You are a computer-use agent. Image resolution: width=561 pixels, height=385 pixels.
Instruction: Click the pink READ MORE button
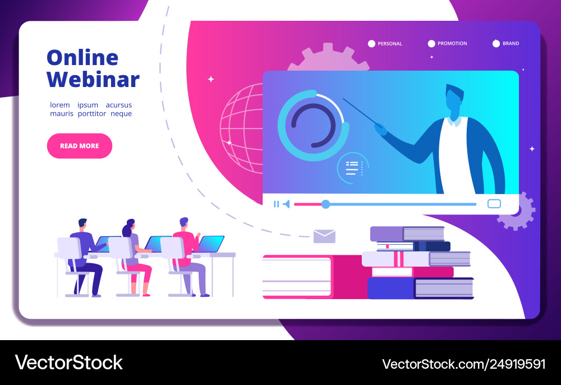(x=79, y=146)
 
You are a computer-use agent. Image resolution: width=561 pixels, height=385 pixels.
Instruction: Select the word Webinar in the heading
(x=93, y=79)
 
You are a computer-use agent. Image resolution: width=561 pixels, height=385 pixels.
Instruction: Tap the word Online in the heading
(x=82, y=57)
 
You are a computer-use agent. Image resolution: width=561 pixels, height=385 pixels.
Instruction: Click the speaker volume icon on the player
(x=286, y=204)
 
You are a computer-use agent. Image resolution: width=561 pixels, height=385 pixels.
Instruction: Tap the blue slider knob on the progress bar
(x=325, y=204)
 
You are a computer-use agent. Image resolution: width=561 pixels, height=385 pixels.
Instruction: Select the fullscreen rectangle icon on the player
(x=494, y=204)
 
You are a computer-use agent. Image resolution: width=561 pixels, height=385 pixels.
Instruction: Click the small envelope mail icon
(x=324, y=236)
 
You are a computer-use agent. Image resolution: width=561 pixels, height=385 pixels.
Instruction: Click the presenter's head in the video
(x=453, y=101)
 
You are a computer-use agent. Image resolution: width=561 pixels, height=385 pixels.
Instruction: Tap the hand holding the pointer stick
(x=381, y=130)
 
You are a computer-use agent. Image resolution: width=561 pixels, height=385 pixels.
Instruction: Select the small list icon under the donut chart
(x=352, y=168)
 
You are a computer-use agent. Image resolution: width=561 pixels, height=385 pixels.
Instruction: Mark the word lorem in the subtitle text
(x=60, y=105)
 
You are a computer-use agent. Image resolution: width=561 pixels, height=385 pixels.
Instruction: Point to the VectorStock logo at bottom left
(x=69, y=363)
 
